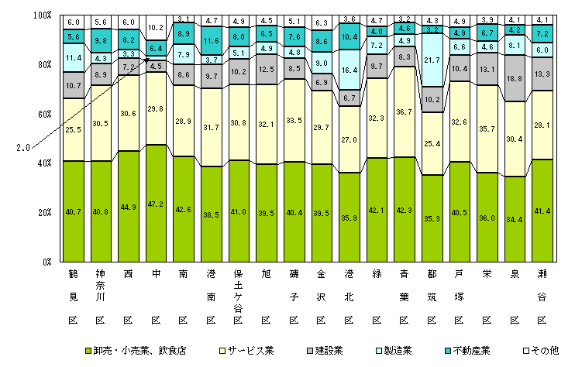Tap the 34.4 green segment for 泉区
(x=515, y=220)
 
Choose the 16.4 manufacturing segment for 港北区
(x=349, y=70)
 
